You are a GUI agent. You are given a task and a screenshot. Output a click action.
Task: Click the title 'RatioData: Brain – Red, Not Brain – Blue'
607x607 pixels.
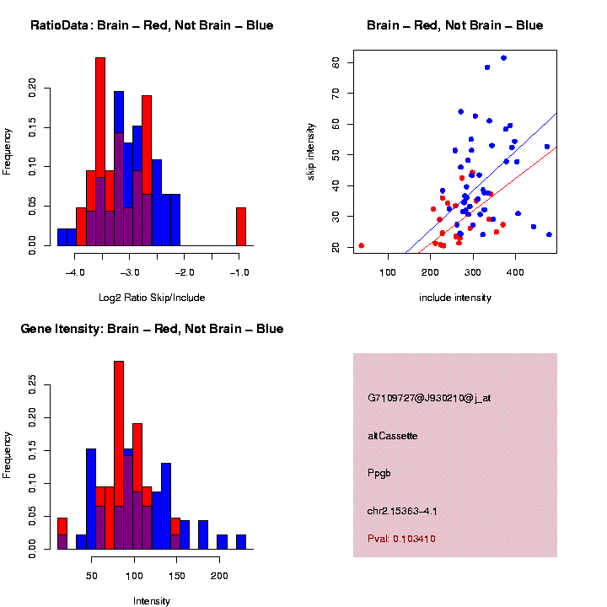click(152, 25)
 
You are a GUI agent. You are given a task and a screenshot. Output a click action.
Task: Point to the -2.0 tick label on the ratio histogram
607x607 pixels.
click(185, 273)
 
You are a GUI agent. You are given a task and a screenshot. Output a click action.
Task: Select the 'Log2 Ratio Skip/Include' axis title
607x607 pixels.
click(151, 298)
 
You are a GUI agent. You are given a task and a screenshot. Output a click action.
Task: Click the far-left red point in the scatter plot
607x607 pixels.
click(361, 245)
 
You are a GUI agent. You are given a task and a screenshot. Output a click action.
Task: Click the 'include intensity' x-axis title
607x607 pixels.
click(455, 298)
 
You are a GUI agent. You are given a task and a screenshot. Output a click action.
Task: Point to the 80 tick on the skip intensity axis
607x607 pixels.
click(336, 62)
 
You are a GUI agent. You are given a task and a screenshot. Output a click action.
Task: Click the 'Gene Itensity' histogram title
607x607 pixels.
click(152, 329)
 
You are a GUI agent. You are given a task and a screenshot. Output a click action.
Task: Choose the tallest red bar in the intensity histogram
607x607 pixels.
click(119, 455)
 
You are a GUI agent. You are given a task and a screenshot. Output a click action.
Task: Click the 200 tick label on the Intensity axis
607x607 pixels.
click(219, 577)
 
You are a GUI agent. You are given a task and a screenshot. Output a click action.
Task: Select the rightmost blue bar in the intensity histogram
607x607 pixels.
click(241, 541)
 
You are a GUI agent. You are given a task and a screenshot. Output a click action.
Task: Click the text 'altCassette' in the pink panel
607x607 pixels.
click(393, 436)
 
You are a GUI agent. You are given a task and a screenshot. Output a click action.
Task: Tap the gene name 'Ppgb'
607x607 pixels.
click(379, 473)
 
